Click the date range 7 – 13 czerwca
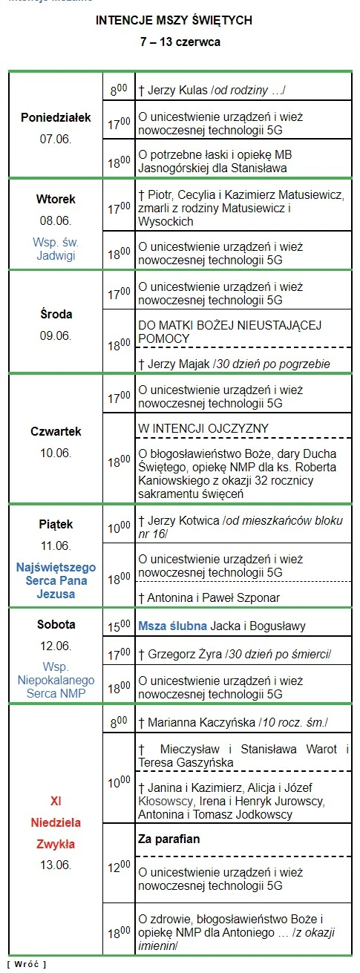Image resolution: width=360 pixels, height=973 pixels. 180,43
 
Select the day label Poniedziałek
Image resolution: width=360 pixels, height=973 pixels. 56,117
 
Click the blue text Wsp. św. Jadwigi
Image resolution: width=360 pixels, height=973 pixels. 56,249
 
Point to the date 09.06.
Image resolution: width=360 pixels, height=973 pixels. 56,335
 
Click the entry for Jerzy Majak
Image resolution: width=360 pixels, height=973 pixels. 234,364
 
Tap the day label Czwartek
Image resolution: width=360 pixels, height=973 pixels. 56,431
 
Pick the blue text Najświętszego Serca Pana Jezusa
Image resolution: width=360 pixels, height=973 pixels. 56,580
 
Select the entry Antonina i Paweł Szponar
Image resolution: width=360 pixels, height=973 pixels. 209,597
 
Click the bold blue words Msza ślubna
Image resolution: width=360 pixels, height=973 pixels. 172,626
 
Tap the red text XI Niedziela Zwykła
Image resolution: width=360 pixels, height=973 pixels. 56,822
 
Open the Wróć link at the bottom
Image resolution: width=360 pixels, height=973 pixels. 26,963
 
